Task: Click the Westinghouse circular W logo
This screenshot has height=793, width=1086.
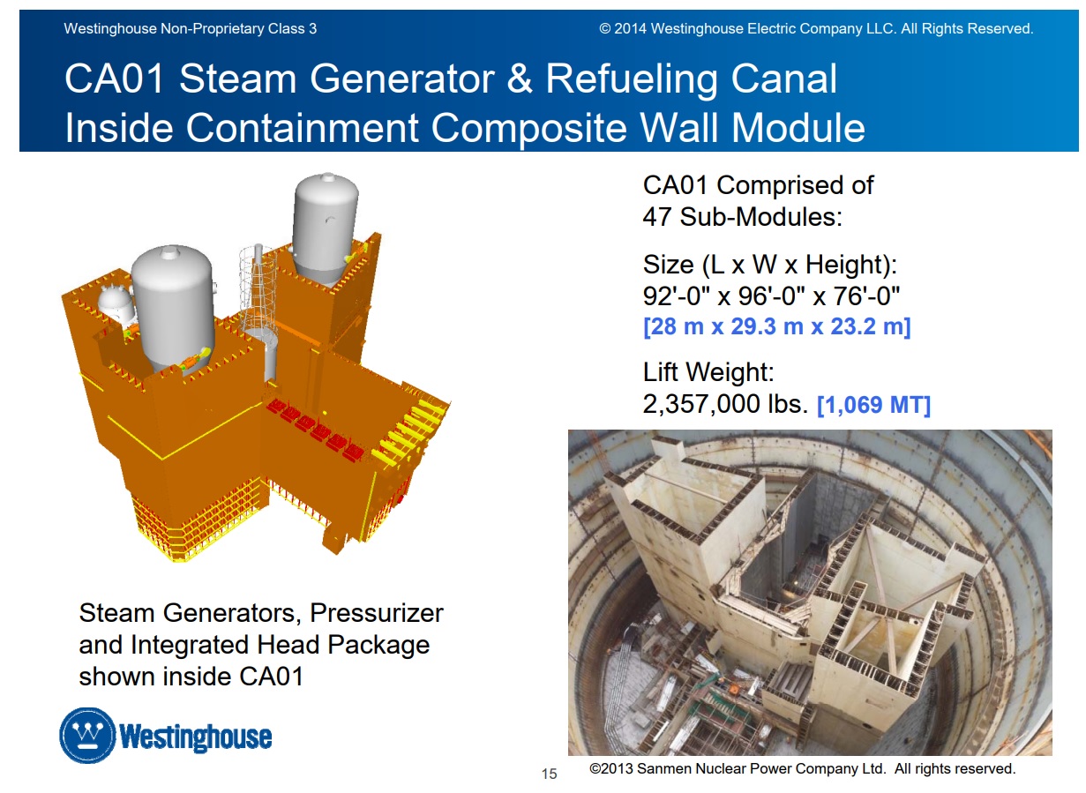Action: coord(87,735)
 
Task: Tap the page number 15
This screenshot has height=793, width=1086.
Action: coord(549,774)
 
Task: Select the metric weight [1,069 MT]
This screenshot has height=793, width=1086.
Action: coord(873,405)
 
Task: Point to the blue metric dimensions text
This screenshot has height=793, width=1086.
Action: coord(776,326)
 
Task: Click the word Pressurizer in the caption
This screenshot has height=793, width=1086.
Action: coord(376,613)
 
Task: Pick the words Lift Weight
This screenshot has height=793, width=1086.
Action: coord(708,372)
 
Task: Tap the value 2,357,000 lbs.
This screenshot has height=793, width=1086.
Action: coord(725,404)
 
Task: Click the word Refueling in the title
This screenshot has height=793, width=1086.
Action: coord(631,80)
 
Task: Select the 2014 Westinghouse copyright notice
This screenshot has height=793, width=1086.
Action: coord(816,28)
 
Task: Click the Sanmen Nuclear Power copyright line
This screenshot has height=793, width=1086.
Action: coord(803,769)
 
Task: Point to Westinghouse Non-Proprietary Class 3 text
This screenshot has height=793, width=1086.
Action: coord(190,28)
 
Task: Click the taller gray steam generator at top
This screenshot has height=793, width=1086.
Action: coord(326,228)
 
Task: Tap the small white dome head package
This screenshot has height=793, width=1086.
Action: coord(116,303)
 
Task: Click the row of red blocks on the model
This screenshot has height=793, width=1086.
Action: coord(315,428)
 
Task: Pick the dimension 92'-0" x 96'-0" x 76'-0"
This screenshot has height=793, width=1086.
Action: coord(771,296)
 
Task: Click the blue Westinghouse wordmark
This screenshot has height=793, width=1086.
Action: coord(195,737)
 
